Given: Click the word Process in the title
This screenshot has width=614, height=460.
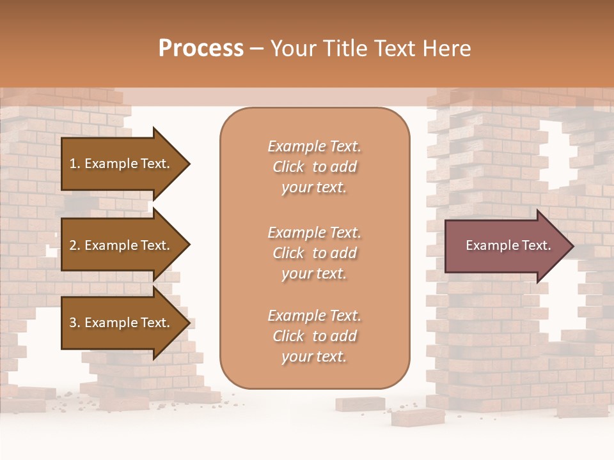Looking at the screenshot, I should click(201, 49).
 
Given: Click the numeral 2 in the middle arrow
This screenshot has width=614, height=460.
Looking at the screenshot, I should click(73, 245).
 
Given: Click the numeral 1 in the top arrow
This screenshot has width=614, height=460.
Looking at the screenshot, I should click(73, 164).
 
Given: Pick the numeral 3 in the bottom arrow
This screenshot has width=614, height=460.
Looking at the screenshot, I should click(73, 323).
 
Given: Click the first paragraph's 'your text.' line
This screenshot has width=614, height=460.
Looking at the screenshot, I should click(314, 188).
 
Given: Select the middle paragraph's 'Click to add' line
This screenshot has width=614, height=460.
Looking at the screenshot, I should click(314, 253).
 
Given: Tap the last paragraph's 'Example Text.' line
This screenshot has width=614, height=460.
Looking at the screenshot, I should click(314, 316).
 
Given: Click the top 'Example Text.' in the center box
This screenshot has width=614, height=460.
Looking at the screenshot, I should click(314, 146).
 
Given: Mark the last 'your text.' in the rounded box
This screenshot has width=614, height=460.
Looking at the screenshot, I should click(314, 357).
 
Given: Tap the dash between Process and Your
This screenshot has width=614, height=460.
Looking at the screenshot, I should click(257, 49).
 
